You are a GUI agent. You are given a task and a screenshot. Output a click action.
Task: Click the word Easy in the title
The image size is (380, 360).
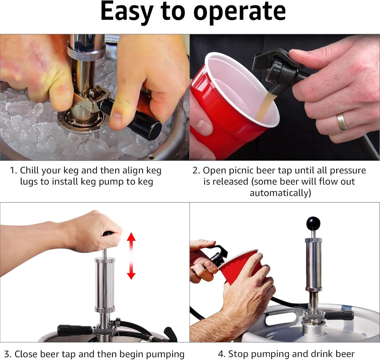[127, 12]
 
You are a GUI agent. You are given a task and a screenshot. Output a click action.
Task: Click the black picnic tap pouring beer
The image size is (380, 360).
[276, 69]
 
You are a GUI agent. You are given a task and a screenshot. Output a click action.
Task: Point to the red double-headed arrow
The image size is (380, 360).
[131, 256]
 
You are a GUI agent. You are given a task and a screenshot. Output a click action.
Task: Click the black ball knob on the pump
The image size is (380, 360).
[313, 224]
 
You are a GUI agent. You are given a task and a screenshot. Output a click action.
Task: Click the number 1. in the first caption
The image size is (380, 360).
[14, 171]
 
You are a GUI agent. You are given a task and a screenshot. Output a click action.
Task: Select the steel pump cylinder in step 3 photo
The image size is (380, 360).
[105, 284]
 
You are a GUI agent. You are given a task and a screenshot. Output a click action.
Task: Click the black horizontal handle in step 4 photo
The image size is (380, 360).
[338, 315]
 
